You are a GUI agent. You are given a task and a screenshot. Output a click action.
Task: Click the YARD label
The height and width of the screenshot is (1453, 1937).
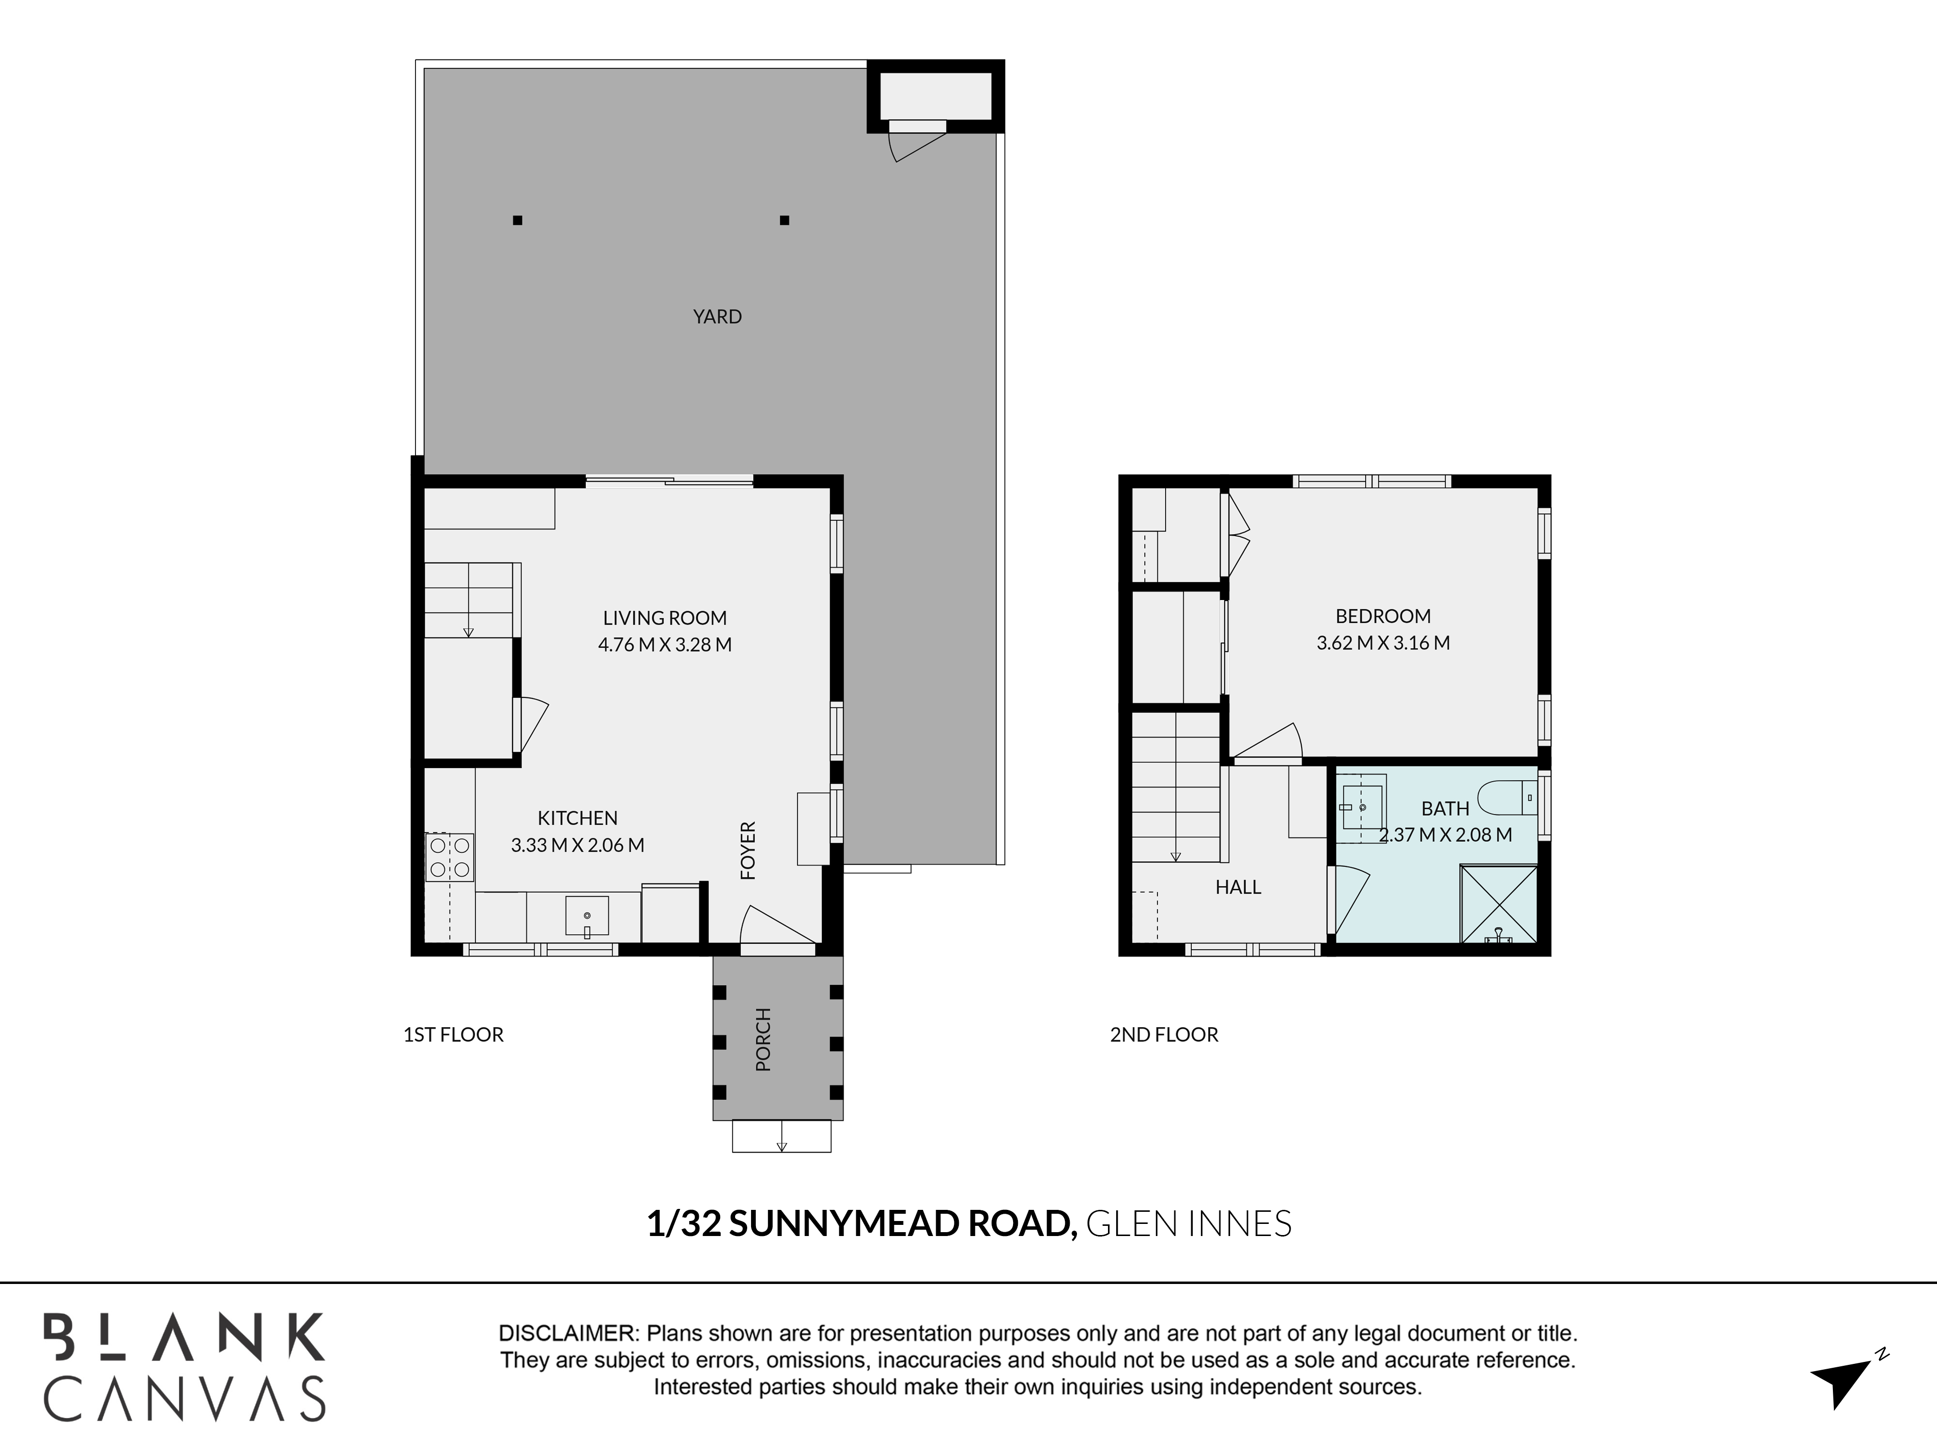pyautogui.click(x=717, y=316)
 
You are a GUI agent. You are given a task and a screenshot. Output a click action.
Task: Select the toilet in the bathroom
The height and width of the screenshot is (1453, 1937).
pyautogui.click(x=1507, y=798)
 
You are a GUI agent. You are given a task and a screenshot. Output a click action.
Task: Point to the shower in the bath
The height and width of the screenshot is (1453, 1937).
pyautogui.click(x=1498, y=904)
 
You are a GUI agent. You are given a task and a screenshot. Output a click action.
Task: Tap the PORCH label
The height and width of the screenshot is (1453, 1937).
pyautogui.click(x=763, y=1039)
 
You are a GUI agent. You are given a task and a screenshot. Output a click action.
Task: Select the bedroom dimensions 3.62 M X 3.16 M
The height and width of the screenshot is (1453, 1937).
pyautogui.click(x=1383, y=643)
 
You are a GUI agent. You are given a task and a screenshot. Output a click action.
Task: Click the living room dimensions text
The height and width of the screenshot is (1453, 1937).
pyautogui.click(x=665, y=645)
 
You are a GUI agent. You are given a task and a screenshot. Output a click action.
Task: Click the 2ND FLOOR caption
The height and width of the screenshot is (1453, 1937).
pyautogui.click(x=1164, y=1035)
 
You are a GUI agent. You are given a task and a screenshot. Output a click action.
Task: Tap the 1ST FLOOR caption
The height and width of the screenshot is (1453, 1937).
pyautogui.click(x=453, y=1035)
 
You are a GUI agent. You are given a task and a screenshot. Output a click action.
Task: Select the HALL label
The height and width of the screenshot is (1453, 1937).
pyautogui.click(x=1238, y=887)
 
